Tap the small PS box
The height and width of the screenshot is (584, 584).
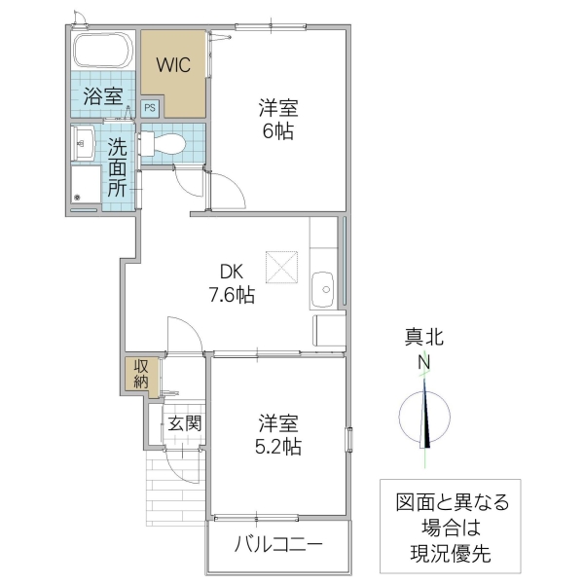150,109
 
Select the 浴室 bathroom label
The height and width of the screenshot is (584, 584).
102,96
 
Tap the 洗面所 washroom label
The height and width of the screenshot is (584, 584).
117,168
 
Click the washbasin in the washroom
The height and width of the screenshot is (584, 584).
82,143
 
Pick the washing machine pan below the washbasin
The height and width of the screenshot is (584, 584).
85,186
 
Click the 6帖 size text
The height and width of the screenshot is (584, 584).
277,131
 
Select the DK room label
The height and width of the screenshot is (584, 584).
232,273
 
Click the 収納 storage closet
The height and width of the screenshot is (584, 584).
142,375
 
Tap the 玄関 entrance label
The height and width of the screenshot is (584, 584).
184,423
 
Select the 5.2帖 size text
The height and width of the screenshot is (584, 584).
278,447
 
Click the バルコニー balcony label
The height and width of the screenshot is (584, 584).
277,544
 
